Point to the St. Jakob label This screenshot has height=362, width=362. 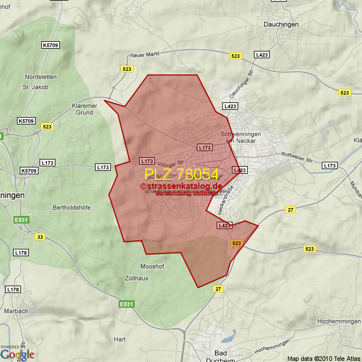coord(35,87)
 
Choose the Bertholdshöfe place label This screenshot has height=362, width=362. coord(71,208)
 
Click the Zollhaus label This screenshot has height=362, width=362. coord(137,278)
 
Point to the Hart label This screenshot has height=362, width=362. coord(119,339)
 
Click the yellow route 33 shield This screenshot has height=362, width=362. coord(39,236)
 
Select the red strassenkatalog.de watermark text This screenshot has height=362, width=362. coord(181,186)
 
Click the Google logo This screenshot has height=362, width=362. coord(17,354)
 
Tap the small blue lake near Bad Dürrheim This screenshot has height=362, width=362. coord(228,337)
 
